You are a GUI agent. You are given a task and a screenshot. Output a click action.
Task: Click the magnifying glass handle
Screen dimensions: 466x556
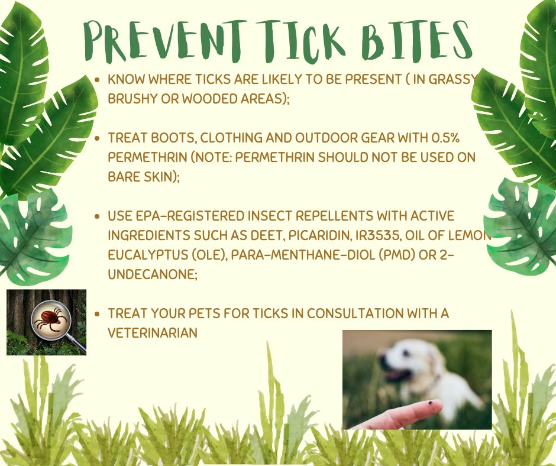click(78, 346)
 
